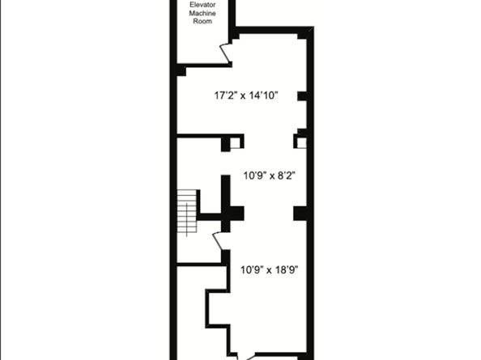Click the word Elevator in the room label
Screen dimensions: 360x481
click(202, 5)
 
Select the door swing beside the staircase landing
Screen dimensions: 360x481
click(217, 241)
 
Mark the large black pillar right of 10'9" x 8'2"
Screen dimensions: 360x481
click(300, 212)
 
